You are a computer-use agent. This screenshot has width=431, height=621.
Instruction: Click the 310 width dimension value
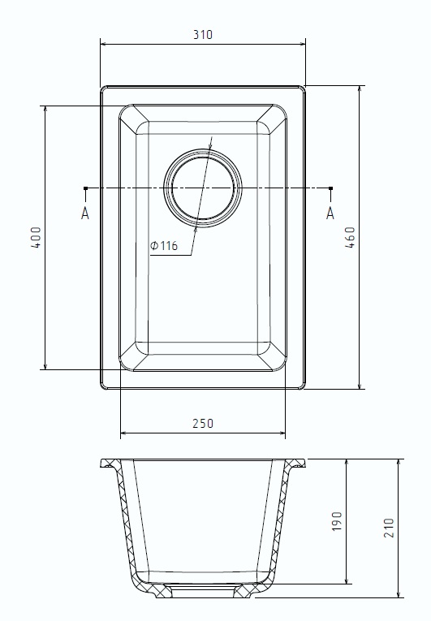click(203, 35)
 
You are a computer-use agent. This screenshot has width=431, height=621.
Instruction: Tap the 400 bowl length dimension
click(35, 237)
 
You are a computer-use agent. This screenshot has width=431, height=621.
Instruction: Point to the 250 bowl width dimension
click(203, 423)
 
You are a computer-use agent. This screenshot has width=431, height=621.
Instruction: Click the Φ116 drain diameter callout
click(164, 247)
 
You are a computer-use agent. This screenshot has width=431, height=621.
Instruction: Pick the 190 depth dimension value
click(337, 521)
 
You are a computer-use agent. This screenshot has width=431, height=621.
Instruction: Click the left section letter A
click(84, 213)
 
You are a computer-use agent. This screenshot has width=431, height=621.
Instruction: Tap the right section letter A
click(330, 213)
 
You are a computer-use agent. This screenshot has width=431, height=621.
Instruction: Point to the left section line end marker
click(85, 189)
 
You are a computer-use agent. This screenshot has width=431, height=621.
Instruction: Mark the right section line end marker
click(330, 189)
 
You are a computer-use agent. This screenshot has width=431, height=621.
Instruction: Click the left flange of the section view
click(110, 464)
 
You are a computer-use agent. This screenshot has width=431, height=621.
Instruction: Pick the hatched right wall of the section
click(281, 520)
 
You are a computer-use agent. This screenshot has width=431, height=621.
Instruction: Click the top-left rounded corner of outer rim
click(103, 88)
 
